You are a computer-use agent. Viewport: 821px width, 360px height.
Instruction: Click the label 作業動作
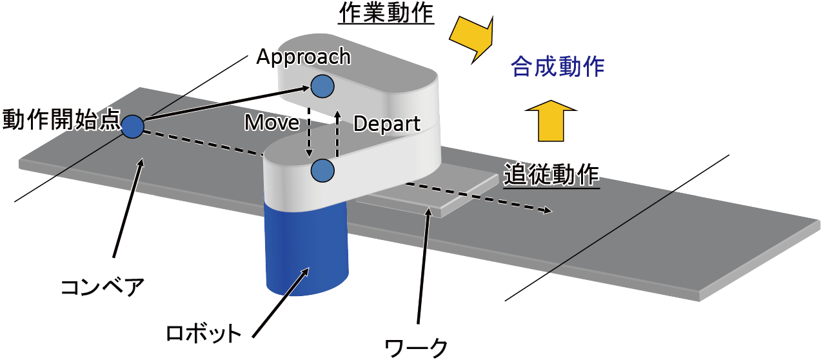point(386,14)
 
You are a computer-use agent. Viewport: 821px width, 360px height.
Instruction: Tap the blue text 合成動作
point(557,67)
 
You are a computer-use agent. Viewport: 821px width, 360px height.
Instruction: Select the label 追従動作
point(551,174)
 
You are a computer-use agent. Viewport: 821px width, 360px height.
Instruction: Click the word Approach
point(303,57)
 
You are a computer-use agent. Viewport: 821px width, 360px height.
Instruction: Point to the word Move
point(271,123)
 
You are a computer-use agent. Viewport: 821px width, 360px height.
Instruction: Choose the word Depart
point(387,123)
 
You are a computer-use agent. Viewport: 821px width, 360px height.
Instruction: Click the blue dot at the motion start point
point(133,126)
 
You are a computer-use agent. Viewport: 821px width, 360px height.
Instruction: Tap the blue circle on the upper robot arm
point(322,85)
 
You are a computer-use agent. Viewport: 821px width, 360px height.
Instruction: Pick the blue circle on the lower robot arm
point(322,170)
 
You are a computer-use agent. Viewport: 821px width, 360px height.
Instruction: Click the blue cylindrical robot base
point(306,252)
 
